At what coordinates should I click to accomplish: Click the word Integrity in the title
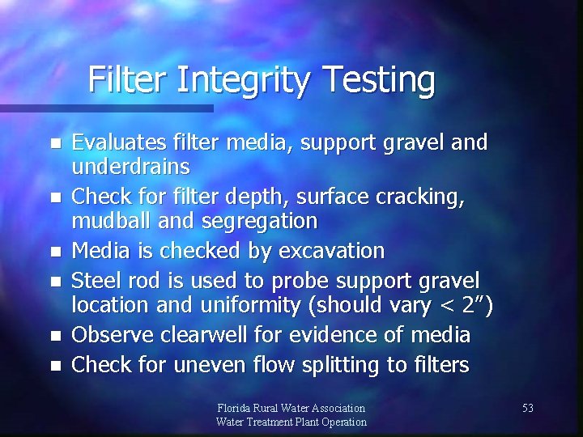tap(246, 80)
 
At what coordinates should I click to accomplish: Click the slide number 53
tap(527, 409)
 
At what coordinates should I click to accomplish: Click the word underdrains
tap(131, 167)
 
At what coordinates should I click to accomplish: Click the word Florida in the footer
tap(236, 409)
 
